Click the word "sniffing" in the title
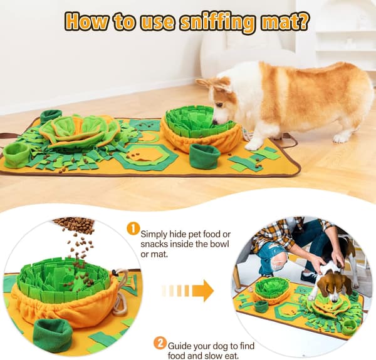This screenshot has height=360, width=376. point(217,22)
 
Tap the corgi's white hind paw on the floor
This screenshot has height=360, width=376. point(341,138)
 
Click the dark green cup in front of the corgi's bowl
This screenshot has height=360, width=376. point(204,155)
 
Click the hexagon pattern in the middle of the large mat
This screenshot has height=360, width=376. point(145,155)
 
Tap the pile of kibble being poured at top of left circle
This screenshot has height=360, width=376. point(74,224)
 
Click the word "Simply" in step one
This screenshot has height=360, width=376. point(154,235)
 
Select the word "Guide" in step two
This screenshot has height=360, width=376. point(179,346)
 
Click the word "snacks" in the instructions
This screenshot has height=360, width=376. point(154,244)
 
